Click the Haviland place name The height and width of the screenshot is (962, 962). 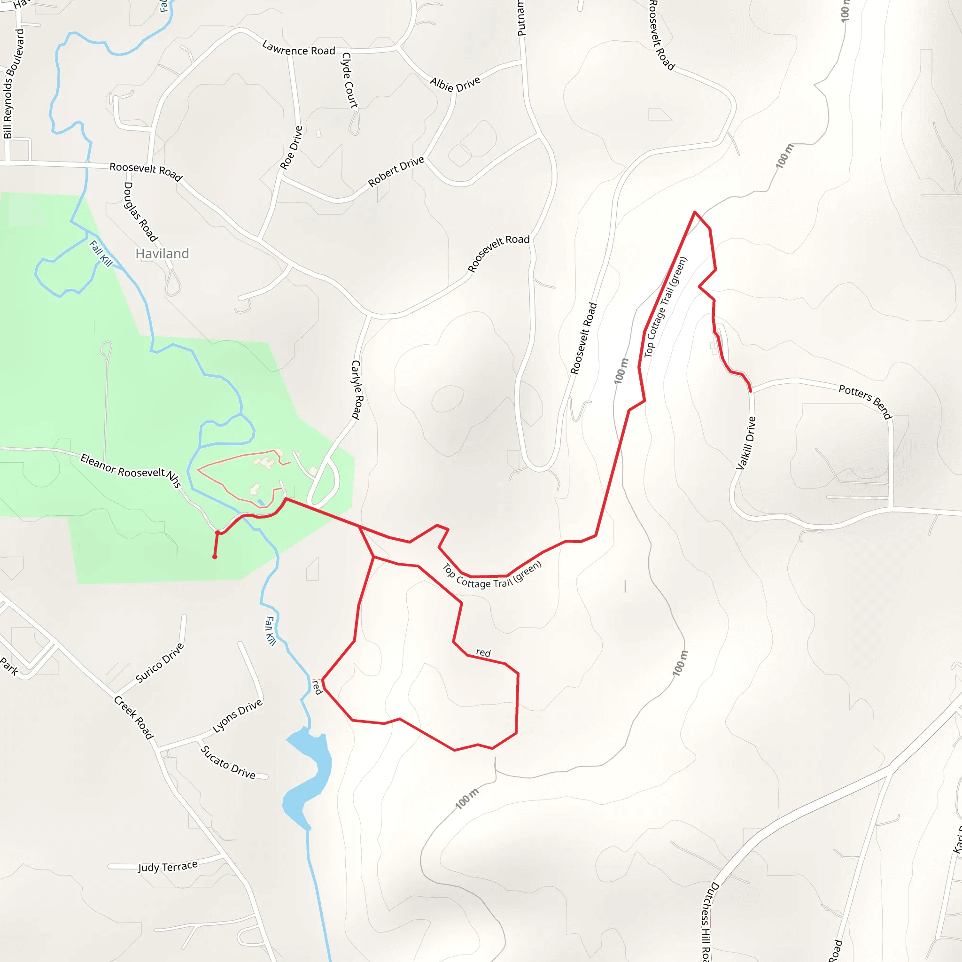pos(163,254)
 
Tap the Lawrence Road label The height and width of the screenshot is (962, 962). pos(298,49)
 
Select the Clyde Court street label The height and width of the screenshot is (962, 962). pos(349,80)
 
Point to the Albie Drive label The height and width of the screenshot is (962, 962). pos(455,84)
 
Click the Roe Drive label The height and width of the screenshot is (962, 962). pos(291,147)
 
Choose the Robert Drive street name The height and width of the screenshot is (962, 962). pos(396,171)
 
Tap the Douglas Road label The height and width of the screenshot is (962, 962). pos(140,212)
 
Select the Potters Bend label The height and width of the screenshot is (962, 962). pos(865,401)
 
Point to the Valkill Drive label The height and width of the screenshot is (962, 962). pos(746,443)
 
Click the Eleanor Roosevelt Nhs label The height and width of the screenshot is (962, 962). pos(131,470)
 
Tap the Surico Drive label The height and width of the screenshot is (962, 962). pos(160,663)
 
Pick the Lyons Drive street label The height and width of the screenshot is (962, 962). pos(238,716)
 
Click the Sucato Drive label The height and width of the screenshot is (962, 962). pos(228,762)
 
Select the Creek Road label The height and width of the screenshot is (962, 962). pos(134,717)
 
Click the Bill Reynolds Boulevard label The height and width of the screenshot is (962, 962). pos(14,84)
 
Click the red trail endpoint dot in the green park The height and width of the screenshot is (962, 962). pos(215,557)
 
